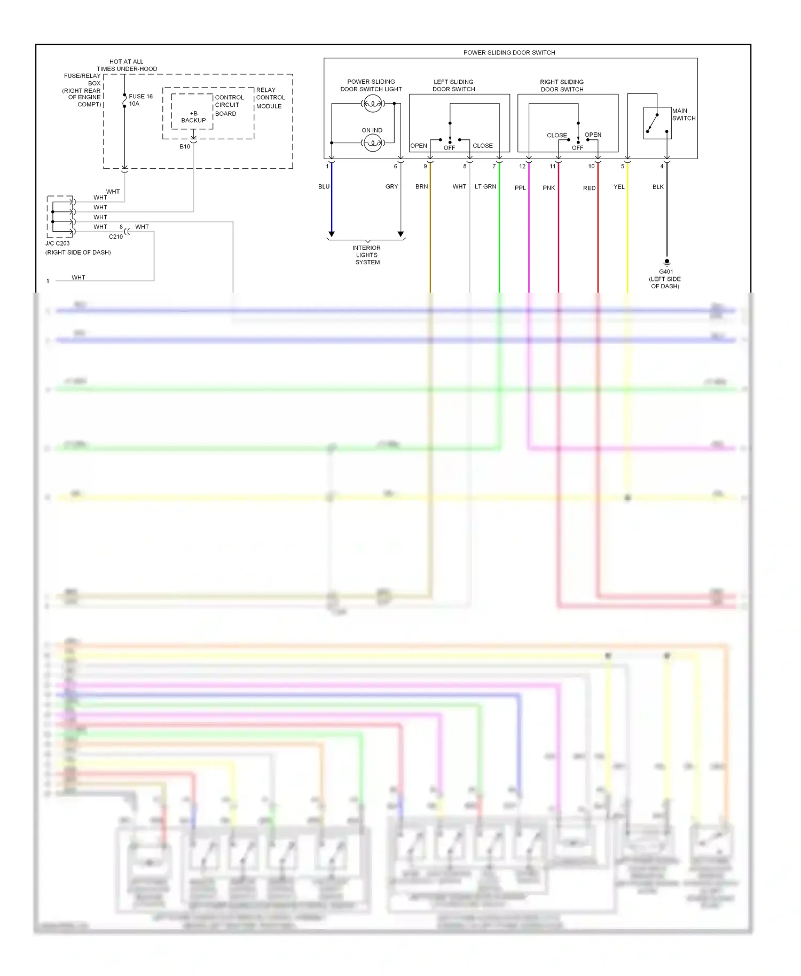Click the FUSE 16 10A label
[x=140, y=100]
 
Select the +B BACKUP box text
[x=193, y=117]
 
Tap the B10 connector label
[x=185, y=146]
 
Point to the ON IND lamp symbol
[x=372, y=143]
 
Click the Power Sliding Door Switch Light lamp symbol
[x=372, y=104]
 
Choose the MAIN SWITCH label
[x=684, y=114]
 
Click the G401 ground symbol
[x=666, y=262]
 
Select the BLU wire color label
[x=324, y=186]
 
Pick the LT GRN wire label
[x=485, y=186]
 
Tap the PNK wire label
[x=549, y=188]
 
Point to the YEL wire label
[x=619, y=187]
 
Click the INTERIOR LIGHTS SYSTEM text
[x=367, y=255]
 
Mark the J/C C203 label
[x=58, y=243]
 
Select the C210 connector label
[x=116, y=237]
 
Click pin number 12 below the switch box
[x=522, y=167]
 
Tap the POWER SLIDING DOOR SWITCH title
[x=509, y=52]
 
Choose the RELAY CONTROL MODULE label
[x=270, y=98]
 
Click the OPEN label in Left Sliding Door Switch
[x=419, y=146]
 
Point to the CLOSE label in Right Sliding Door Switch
[x=556, y=136]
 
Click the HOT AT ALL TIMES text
[x=127, y=65]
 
